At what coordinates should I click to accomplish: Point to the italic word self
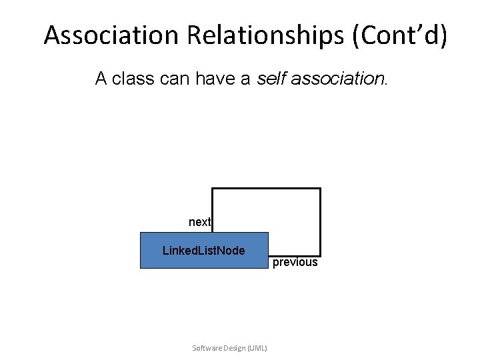(x=270, y=79)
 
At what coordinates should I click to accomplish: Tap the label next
(x=199, y=222)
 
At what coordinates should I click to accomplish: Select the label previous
(x=295, y=263)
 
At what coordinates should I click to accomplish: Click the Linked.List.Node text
(x=204, y=251)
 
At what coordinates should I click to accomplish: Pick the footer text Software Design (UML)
(x=229, y=348)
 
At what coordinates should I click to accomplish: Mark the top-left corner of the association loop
(x=212, y=189)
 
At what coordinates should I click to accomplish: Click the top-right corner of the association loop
(x=320, y=189)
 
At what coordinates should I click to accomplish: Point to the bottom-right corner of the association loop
(x=320, y=255)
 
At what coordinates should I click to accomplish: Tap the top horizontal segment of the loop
(x=267, y=189)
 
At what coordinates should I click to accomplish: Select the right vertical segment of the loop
(x=320, y=221)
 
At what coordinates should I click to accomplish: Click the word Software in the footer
(x=205, y=348)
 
